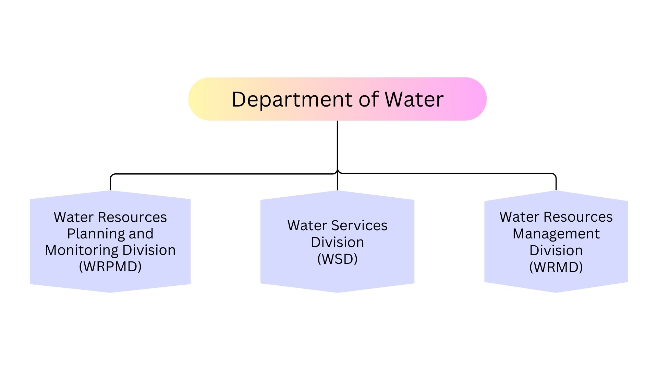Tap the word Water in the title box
coord(414,99)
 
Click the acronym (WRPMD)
coord(110,267)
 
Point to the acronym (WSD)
coord(337,259)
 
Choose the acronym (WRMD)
coord(556,267)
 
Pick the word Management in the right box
coord(556,234)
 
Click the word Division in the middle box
coord(337,242)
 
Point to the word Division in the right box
coord(556,250)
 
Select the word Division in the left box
coord(149,250)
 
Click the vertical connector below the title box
coord(337,155)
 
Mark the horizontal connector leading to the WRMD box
coord(447,173)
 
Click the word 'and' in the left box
coord(141,234)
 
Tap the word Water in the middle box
coord(307,225)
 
